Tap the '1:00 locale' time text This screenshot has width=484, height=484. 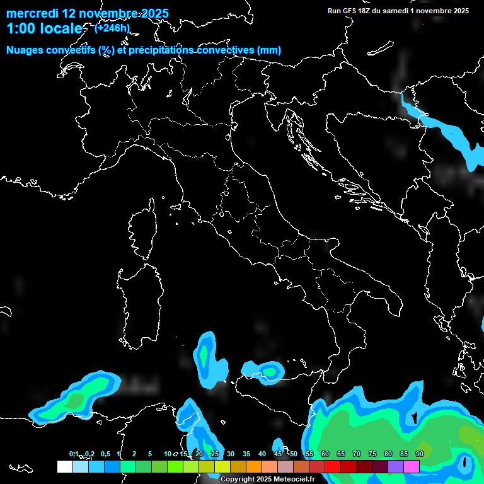44,29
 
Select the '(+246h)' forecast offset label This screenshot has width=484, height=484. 112,28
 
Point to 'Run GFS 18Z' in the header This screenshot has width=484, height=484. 350,11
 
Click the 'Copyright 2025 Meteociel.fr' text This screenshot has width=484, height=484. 267,479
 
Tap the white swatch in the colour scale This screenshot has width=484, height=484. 64,466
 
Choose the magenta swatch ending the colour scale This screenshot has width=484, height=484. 412,466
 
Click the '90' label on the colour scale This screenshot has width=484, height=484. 419,454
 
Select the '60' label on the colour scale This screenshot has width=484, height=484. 325,454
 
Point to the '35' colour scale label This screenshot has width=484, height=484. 246,454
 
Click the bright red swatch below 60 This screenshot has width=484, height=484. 333,466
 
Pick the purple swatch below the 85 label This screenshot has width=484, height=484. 396,466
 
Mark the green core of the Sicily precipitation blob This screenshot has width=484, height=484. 271,371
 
